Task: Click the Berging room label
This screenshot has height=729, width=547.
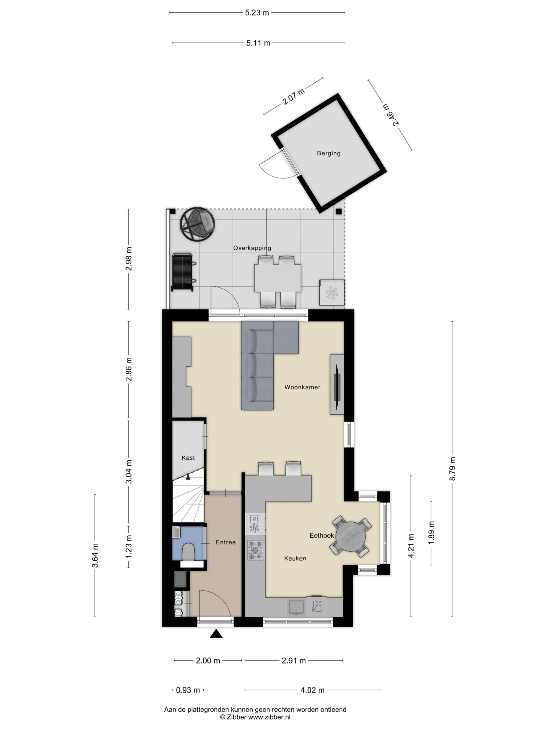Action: (x=328, y=153)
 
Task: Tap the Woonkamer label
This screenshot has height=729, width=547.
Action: (x=302, y=387)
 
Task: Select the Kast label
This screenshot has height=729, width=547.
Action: (x=188, y=458)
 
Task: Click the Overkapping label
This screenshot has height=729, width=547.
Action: (x=252, y=248)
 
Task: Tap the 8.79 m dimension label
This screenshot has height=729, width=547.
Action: (x=452, y=469)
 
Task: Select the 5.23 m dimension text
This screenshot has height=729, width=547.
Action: (x=257, y=13)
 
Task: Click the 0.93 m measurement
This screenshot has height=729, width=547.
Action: (x=188, y=690)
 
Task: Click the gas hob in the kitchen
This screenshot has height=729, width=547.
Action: (x=256, y=550)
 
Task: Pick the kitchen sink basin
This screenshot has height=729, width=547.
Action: (x=296, y=607)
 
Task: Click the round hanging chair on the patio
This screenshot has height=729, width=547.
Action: (x=197, y=224)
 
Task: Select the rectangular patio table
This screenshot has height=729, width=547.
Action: (x=277, y=278)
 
